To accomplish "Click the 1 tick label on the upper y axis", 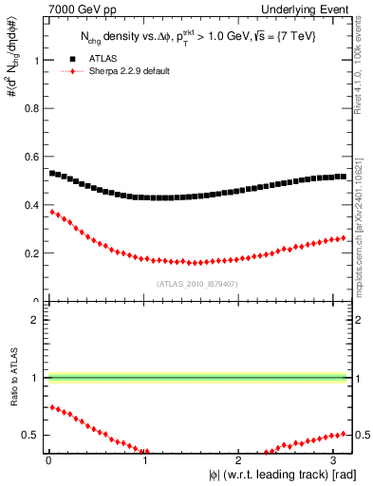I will pyautogui.click(x=37, y=60).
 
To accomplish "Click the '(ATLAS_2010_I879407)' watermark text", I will pyautogui.click(x=197, y=284).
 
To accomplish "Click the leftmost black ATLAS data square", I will pyautogui.click(x=52, y=174).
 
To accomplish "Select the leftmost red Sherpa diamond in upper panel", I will pyautogui.click(x=52, y=212).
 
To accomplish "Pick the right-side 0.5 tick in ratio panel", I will pyautogui.click(x=361, y=435).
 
